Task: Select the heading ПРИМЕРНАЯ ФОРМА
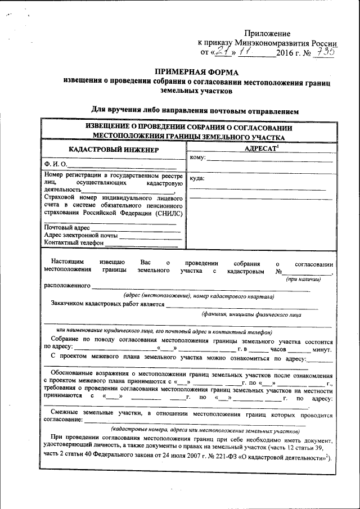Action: pos(196,72)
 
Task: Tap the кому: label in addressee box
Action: pos(197,157)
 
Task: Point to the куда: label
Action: pos(197,178)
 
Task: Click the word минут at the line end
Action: pos(322,349)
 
